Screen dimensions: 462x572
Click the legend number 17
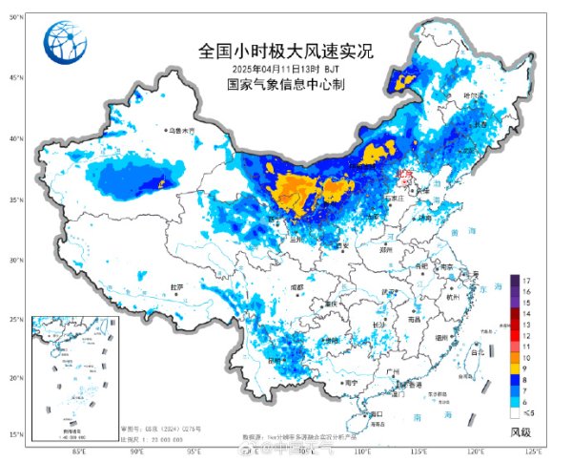(526, 279)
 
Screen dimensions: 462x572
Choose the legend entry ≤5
(527, 414)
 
